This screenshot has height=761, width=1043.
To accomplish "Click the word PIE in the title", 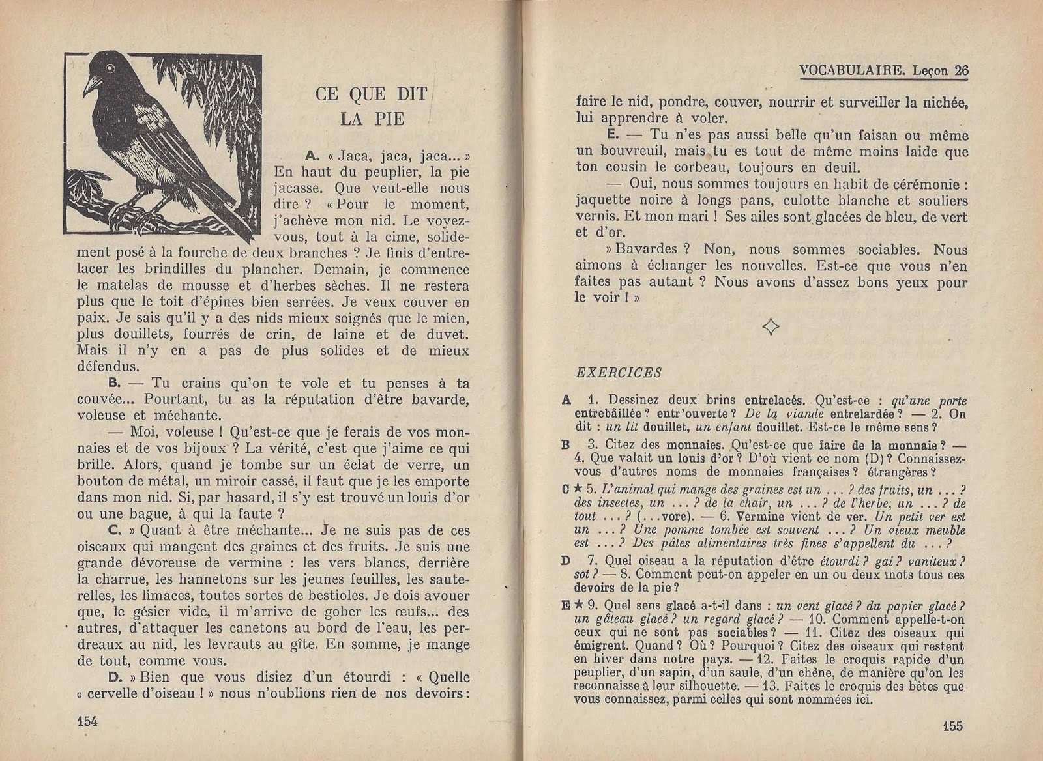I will pyautogui.click(x=390, y=119).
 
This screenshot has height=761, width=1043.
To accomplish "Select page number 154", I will pyautogui.click(x=87, y=719).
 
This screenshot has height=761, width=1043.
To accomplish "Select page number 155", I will pyautogui.click(x=952, y=726).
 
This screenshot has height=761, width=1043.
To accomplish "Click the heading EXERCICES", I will pyautogui.click(x=619, y=373).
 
